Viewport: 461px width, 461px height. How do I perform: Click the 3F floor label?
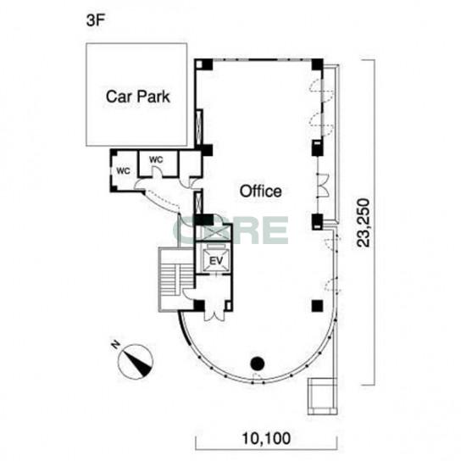(x=96, y=20)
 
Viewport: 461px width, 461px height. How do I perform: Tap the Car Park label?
(x=138, y=97)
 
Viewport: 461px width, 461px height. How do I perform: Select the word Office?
(x=260, y=192)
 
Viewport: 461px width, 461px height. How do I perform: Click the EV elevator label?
(x=216, y=260)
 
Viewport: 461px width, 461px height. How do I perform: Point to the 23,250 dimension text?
(x=363, y=223)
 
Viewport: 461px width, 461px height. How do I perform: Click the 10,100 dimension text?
(x=266, y=439)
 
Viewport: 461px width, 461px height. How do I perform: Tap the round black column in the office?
(x=258, y=364)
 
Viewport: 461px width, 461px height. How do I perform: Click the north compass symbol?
(x=136, y=362)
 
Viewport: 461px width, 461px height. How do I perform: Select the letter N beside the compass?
(x=115, y=345)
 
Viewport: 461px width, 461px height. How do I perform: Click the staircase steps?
(x=170, y=280)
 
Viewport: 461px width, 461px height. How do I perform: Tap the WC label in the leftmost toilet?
(x=123, y=171)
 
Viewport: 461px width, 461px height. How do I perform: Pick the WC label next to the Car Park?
(x=156, y=159)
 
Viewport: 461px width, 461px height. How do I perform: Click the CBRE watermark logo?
(x=230, y=230)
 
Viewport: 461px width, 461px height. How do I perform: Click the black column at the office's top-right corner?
(x=318, y=64)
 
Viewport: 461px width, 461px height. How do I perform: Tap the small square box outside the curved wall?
(x=322, y=397)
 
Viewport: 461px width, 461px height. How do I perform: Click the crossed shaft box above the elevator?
(x=214, y=233)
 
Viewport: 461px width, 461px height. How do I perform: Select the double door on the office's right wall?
(x=323, y=186)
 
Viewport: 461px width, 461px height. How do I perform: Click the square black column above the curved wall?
(x=318, y=306)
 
